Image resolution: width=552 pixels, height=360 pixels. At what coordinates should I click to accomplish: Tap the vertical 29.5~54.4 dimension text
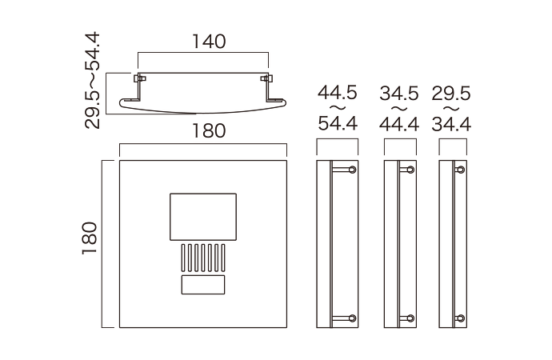(94, 80)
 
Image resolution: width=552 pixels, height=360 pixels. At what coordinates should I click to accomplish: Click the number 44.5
(337, 93)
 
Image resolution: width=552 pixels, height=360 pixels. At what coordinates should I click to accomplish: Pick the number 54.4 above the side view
(337, 124)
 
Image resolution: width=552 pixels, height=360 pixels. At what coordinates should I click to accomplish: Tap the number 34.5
(399, 93)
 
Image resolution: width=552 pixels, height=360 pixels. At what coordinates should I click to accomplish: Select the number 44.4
(399, 124)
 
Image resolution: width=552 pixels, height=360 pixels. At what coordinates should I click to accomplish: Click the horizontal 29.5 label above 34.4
(451, 93)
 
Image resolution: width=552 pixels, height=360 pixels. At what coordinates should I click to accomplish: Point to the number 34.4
(451, 124)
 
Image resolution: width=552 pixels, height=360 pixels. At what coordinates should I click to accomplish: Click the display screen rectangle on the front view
(203, 216)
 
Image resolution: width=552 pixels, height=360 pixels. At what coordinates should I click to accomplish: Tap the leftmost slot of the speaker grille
(184, 258)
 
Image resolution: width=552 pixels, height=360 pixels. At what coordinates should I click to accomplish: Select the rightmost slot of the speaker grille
(222, 258)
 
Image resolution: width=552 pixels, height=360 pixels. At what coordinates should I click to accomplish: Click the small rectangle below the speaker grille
(203, 285)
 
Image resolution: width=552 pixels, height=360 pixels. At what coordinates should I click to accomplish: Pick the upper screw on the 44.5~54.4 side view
(350, 170)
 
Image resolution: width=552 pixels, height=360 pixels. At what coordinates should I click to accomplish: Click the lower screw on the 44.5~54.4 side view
(350, 318)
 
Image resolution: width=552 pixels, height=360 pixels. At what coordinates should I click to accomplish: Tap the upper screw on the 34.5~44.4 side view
(410, 170)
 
